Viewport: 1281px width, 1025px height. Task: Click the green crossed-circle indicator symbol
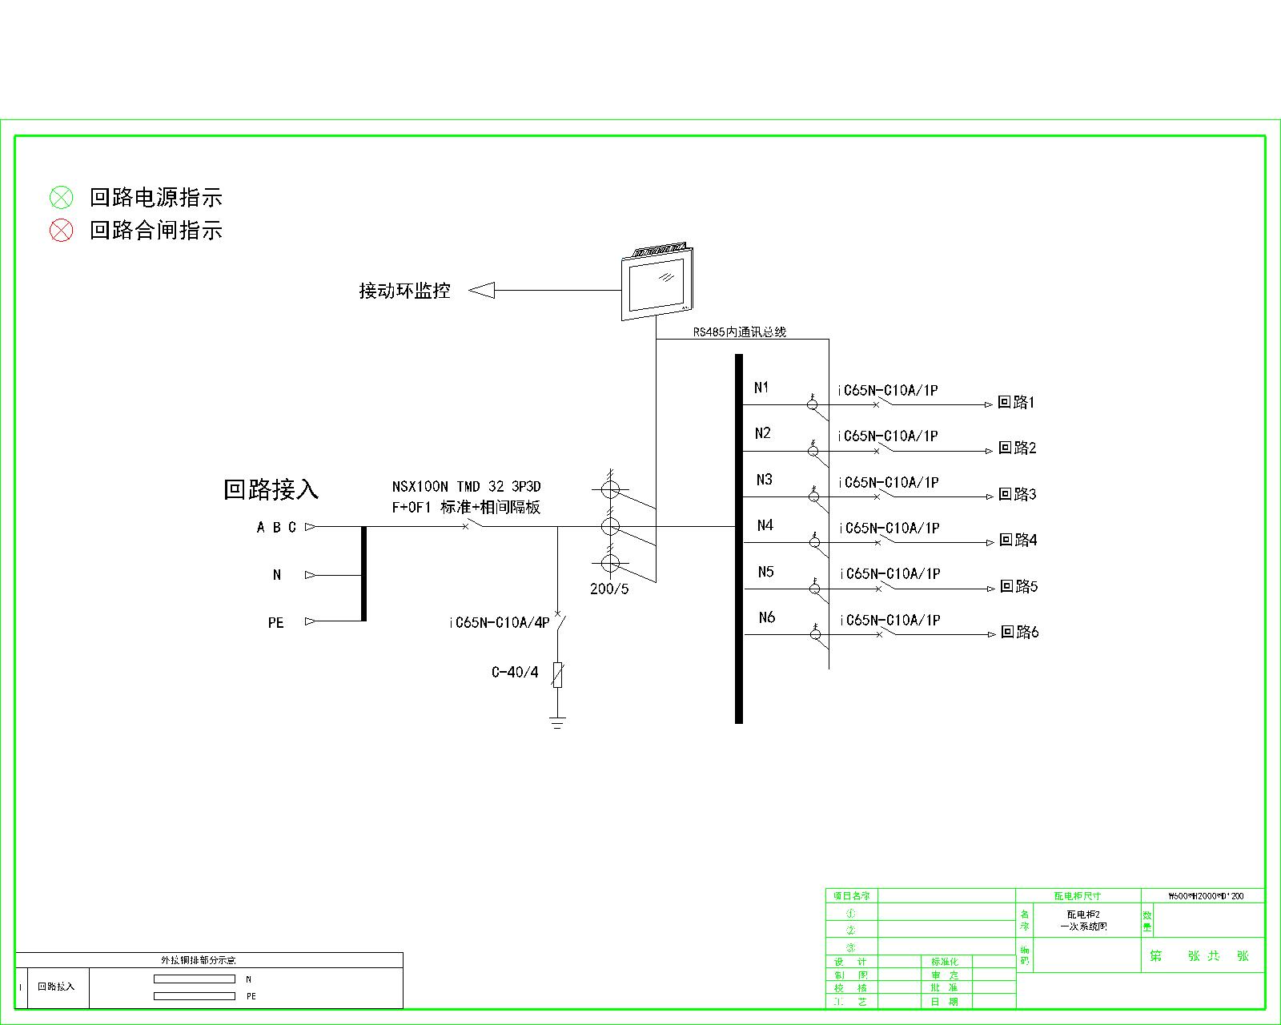tap(62, 197)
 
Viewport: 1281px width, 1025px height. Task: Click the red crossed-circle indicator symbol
tap(62, 231)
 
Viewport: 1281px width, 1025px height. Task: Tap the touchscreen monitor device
tap(657, 283)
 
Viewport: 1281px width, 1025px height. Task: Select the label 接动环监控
tap(404, 291)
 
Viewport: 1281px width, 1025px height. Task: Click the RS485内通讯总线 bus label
tap(739, 332)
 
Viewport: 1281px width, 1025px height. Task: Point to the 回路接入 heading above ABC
tap(271, 489)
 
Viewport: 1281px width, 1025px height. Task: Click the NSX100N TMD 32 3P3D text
tap(466, 487)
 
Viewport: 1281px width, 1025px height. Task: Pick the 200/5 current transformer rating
tap(609, 589)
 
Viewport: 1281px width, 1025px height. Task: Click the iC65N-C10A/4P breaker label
tap(500, 623)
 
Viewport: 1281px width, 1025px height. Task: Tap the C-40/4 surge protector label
tap(515, 673)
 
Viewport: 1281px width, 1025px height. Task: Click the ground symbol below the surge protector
tap(557, 722)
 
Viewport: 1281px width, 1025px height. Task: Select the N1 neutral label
tap(761, 388)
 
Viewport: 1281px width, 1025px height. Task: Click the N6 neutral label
tap(767, 617)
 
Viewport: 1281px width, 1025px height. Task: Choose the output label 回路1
tap(1016, 403)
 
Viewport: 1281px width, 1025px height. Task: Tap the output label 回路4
tap(1018, 541)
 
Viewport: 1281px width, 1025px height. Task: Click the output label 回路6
tap(1020, 633)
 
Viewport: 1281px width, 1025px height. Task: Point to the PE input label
tap(276, 623)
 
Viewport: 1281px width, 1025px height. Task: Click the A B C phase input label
tap(276, 528)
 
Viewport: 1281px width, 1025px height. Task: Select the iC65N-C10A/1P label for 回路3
tap(889, 483)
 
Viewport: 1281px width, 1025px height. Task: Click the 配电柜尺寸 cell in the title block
tap(1077, 896)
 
